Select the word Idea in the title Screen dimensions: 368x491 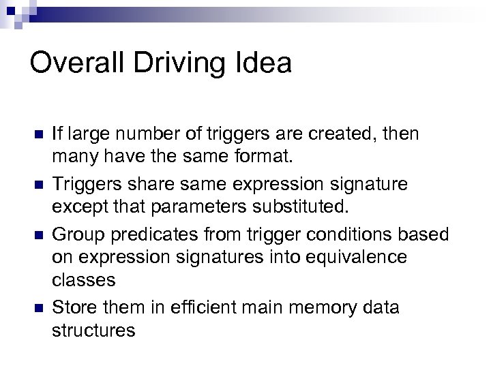[x=263, y=63]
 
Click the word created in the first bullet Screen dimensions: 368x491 [x=335, y=134]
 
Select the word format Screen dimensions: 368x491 [x=258, y=159]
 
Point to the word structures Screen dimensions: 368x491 [x=93, y=331]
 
